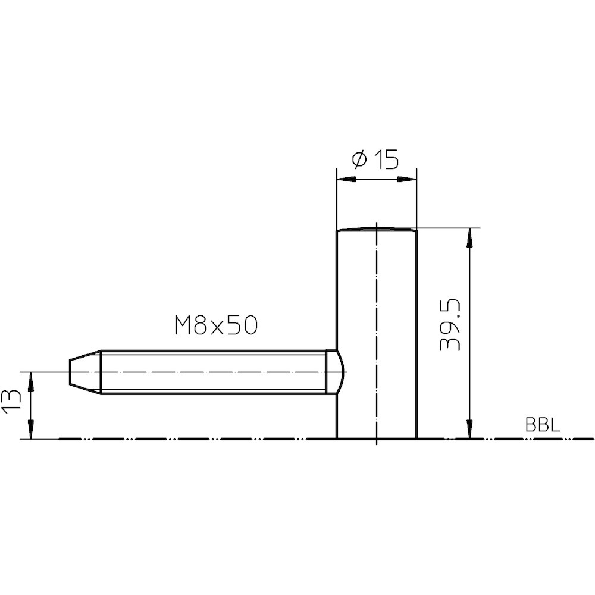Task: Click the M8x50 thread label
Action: pyautogui.click(x=216, y=325)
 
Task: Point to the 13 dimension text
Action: pyautogui.click(x=10, y=403)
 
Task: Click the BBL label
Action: pyautogui.click(x=543, y=425)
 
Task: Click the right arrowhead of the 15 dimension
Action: pyautogui.click(x=407, y=179)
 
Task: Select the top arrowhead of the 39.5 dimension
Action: pyautogui.click(x=470, y=238)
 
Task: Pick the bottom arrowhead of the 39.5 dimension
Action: pyautogui.click(x=470, y=429)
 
